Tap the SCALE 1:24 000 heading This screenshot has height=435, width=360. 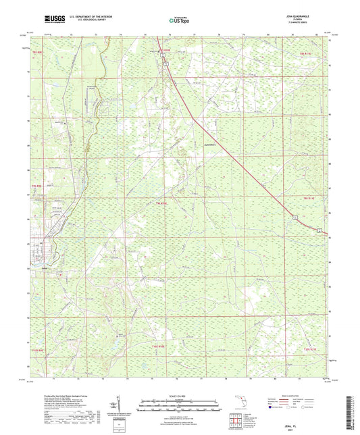pyautogui.click(x=179, y=395)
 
